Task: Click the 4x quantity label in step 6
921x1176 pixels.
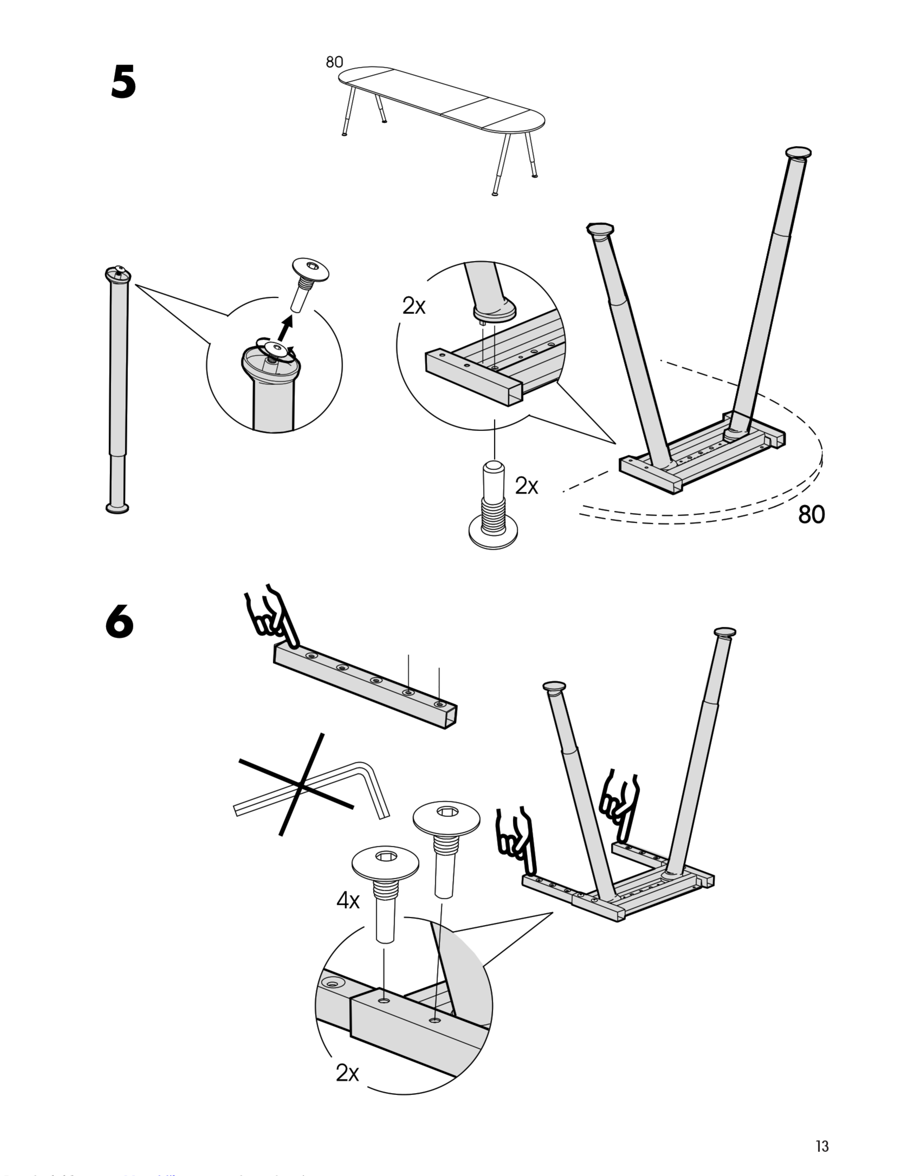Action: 348,900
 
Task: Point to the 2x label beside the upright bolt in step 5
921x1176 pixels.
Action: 526,486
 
